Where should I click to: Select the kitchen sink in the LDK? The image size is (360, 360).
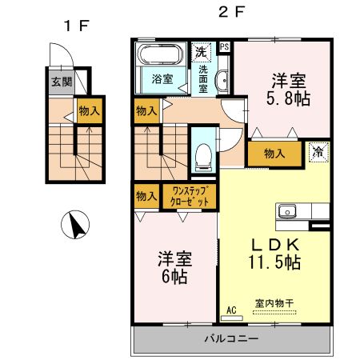coord(289,212)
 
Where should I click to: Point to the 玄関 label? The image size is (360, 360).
coord(61,81)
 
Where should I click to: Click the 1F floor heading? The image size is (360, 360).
coord(76,25)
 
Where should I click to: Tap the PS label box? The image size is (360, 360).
coord(225,46)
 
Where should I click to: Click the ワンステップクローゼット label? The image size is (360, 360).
coord(190,196)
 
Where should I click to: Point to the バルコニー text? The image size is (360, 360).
coord(230,338)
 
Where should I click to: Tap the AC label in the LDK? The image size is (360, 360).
coord(232,310)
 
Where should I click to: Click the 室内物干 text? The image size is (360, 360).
coord(274,303)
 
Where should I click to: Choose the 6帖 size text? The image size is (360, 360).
coord(173,276)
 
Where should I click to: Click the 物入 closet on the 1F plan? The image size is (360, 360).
coord(89,112)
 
